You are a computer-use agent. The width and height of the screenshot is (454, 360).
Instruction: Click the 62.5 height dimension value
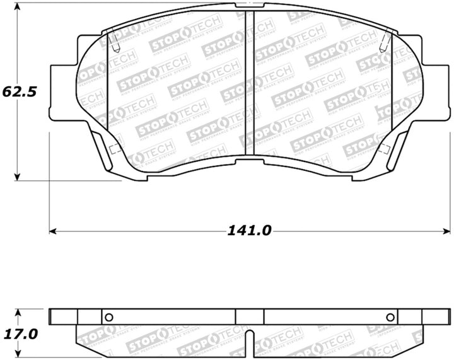point(20,91)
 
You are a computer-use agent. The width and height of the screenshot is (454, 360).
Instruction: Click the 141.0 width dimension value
point(250,231)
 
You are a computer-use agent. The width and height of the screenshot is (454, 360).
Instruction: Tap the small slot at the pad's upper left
point(114,42)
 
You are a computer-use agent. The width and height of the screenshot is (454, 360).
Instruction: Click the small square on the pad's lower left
point(115,150)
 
